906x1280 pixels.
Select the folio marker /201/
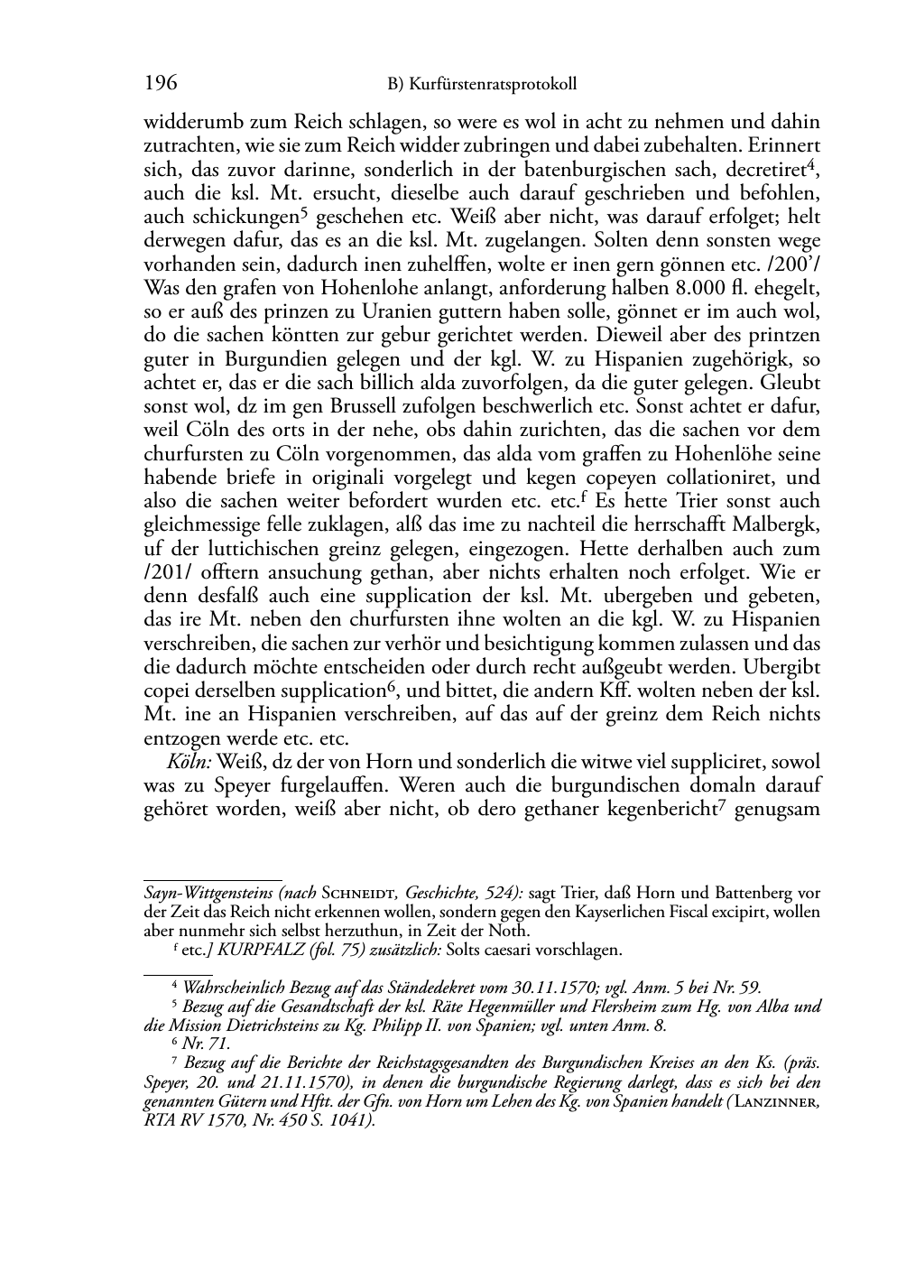(x=164, y=572)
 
